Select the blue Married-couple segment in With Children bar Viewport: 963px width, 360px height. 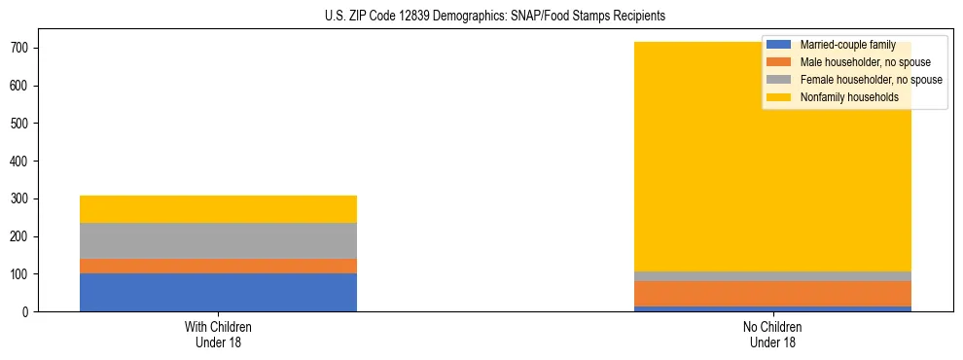(218, 293)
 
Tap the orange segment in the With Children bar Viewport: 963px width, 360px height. (218, 266)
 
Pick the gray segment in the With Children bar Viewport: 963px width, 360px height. (218, 240)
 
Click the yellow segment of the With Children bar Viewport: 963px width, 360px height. (218, 209)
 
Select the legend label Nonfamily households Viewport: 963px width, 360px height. (842, 97)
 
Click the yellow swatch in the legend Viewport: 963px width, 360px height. (779, 97)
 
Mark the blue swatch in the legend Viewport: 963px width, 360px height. (779, 45)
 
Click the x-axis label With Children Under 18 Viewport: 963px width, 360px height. (218, 334)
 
